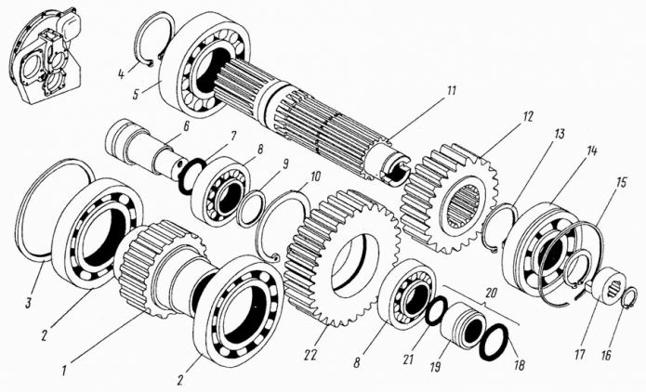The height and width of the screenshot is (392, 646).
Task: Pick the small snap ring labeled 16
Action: click(x=628, y=299)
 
